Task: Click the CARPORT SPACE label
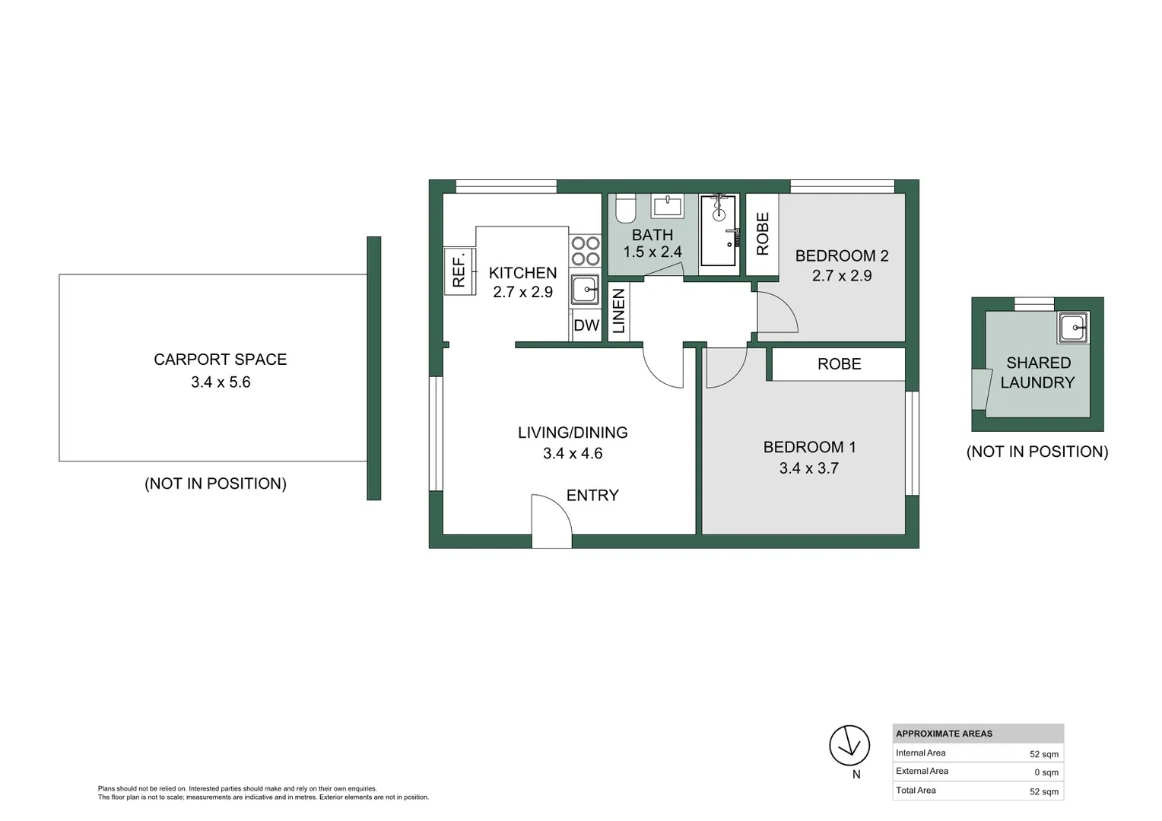coord(220,360)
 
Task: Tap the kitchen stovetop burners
coord(586,251)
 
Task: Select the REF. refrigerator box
coord(459,271)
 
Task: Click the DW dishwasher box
coord(586,325)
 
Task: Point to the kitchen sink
coord(585,289)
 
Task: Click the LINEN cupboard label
coord(619,311)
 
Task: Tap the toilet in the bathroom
coord(626,208)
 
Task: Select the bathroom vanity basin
coord(667,205)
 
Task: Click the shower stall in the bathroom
coord(719,231)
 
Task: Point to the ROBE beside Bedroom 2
coord(763,234)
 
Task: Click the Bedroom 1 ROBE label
coord(840,364)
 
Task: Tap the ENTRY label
coord(592,496)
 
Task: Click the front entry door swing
coord(552,520)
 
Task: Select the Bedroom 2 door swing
coord(777,312)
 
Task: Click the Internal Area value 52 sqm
coord(1043,754)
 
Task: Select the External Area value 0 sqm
coord(1046,772)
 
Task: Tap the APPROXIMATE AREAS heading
coord(945,734)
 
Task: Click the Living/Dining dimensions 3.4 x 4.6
coord(573,453)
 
